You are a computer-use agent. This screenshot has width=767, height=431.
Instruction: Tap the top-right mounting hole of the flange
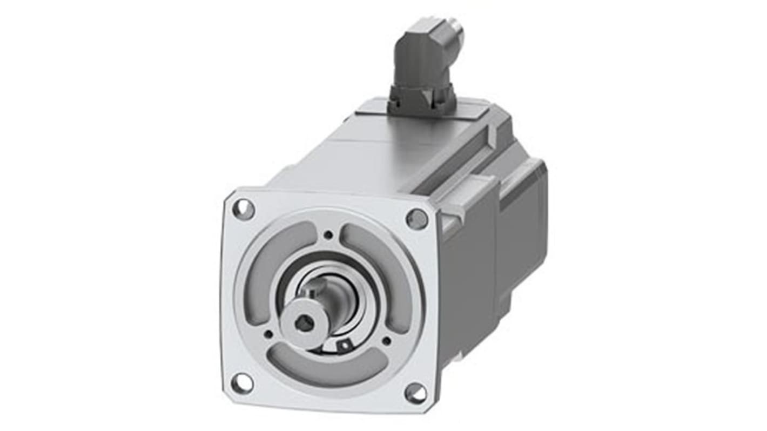pyautogui.click(x=416, y=219)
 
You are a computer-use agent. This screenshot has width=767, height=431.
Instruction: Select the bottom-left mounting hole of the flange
pyautogui.click(x=241, y=383)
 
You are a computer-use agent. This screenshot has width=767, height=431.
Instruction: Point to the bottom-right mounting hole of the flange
pyautogui.click(x=415, y=393)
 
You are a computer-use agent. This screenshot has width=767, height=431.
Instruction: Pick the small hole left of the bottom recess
pyautogui.click(x=268, y=333)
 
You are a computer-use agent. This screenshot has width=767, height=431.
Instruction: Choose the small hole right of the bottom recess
pyautogui.click(x=386, y=341)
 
